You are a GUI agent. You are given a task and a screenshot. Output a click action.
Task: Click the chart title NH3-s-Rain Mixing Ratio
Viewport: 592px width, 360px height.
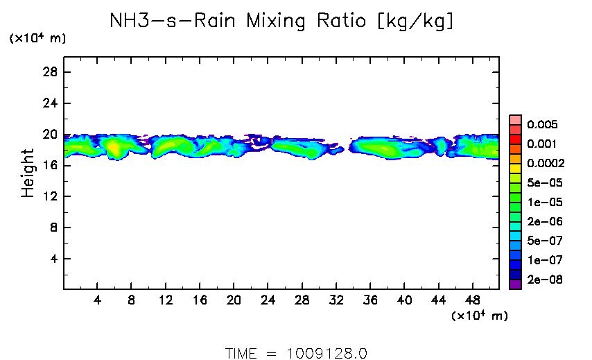(282, 22)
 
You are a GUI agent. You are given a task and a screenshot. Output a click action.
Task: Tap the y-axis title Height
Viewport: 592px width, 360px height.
(28, 173)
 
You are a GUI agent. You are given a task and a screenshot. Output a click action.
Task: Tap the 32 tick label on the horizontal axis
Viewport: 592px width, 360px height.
(336, 300)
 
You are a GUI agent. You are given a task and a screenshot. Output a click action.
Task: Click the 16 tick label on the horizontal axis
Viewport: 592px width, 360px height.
(200, 300)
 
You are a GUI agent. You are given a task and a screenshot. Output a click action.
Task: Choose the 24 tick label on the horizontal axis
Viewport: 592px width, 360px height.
(268, 300)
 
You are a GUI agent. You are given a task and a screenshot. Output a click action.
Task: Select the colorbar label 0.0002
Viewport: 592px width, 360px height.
(546, 164)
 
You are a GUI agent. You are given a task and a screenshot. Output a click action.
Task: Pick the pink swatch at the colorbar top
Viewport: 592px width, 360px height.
(515, 120)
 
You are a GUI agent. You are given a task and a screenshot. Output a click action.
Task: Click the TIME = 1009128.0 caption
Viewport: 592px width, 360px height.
(295, 353)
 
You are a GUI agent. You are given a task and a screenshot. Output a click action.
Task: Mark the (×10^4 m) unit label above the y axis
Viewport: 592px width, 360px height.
(37, 39)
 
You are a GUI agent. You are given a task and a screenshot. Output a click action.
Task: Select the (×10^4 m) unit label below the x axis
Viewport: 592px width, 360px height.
(479, 316)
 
